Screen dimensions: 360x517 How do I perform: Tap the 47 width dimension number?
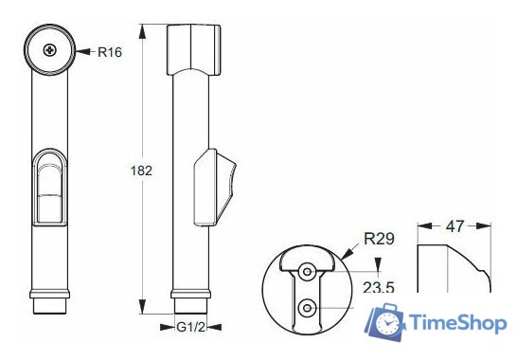(x=455, y=226)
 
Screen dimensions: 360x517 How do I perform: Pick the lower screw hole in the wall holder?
(x=306, y=307)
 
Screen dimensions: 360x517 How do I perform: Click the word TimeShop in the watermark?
(x=458, y=324)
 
